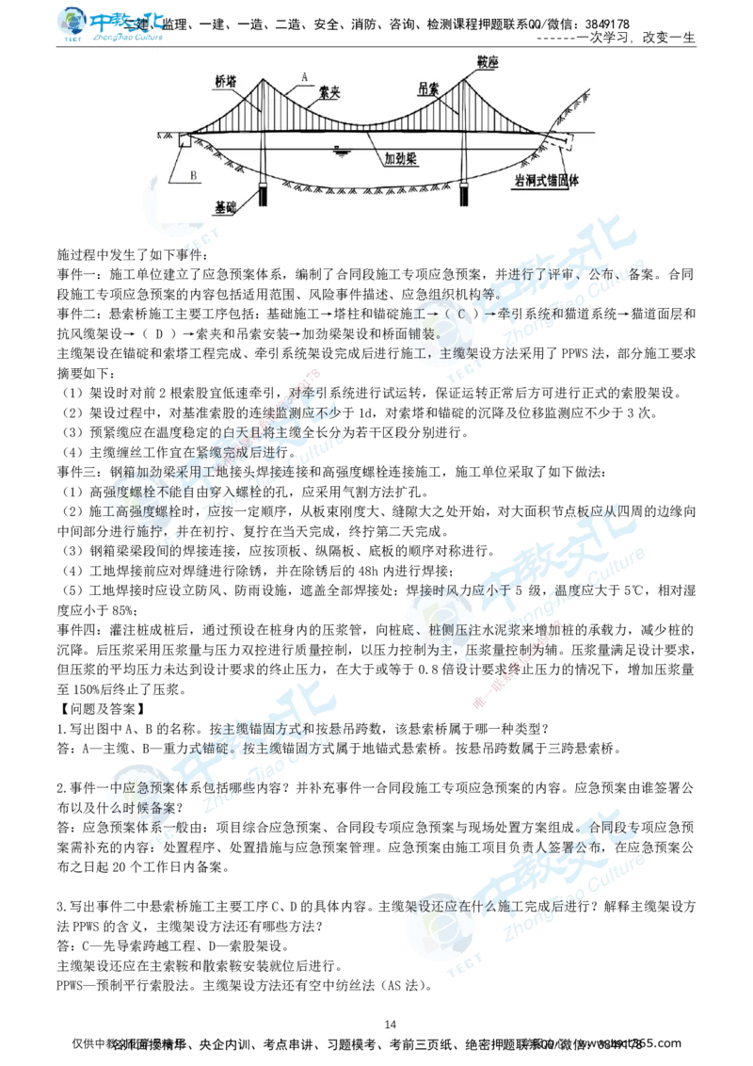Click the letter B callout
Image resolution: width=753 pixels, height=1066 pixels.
(x=193, y=175)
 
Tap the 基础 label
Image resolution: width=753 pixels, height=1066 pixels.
(x=226, y=205)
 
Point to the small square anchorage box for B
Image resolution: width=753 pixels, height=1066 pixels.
(x=183, y=141)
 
